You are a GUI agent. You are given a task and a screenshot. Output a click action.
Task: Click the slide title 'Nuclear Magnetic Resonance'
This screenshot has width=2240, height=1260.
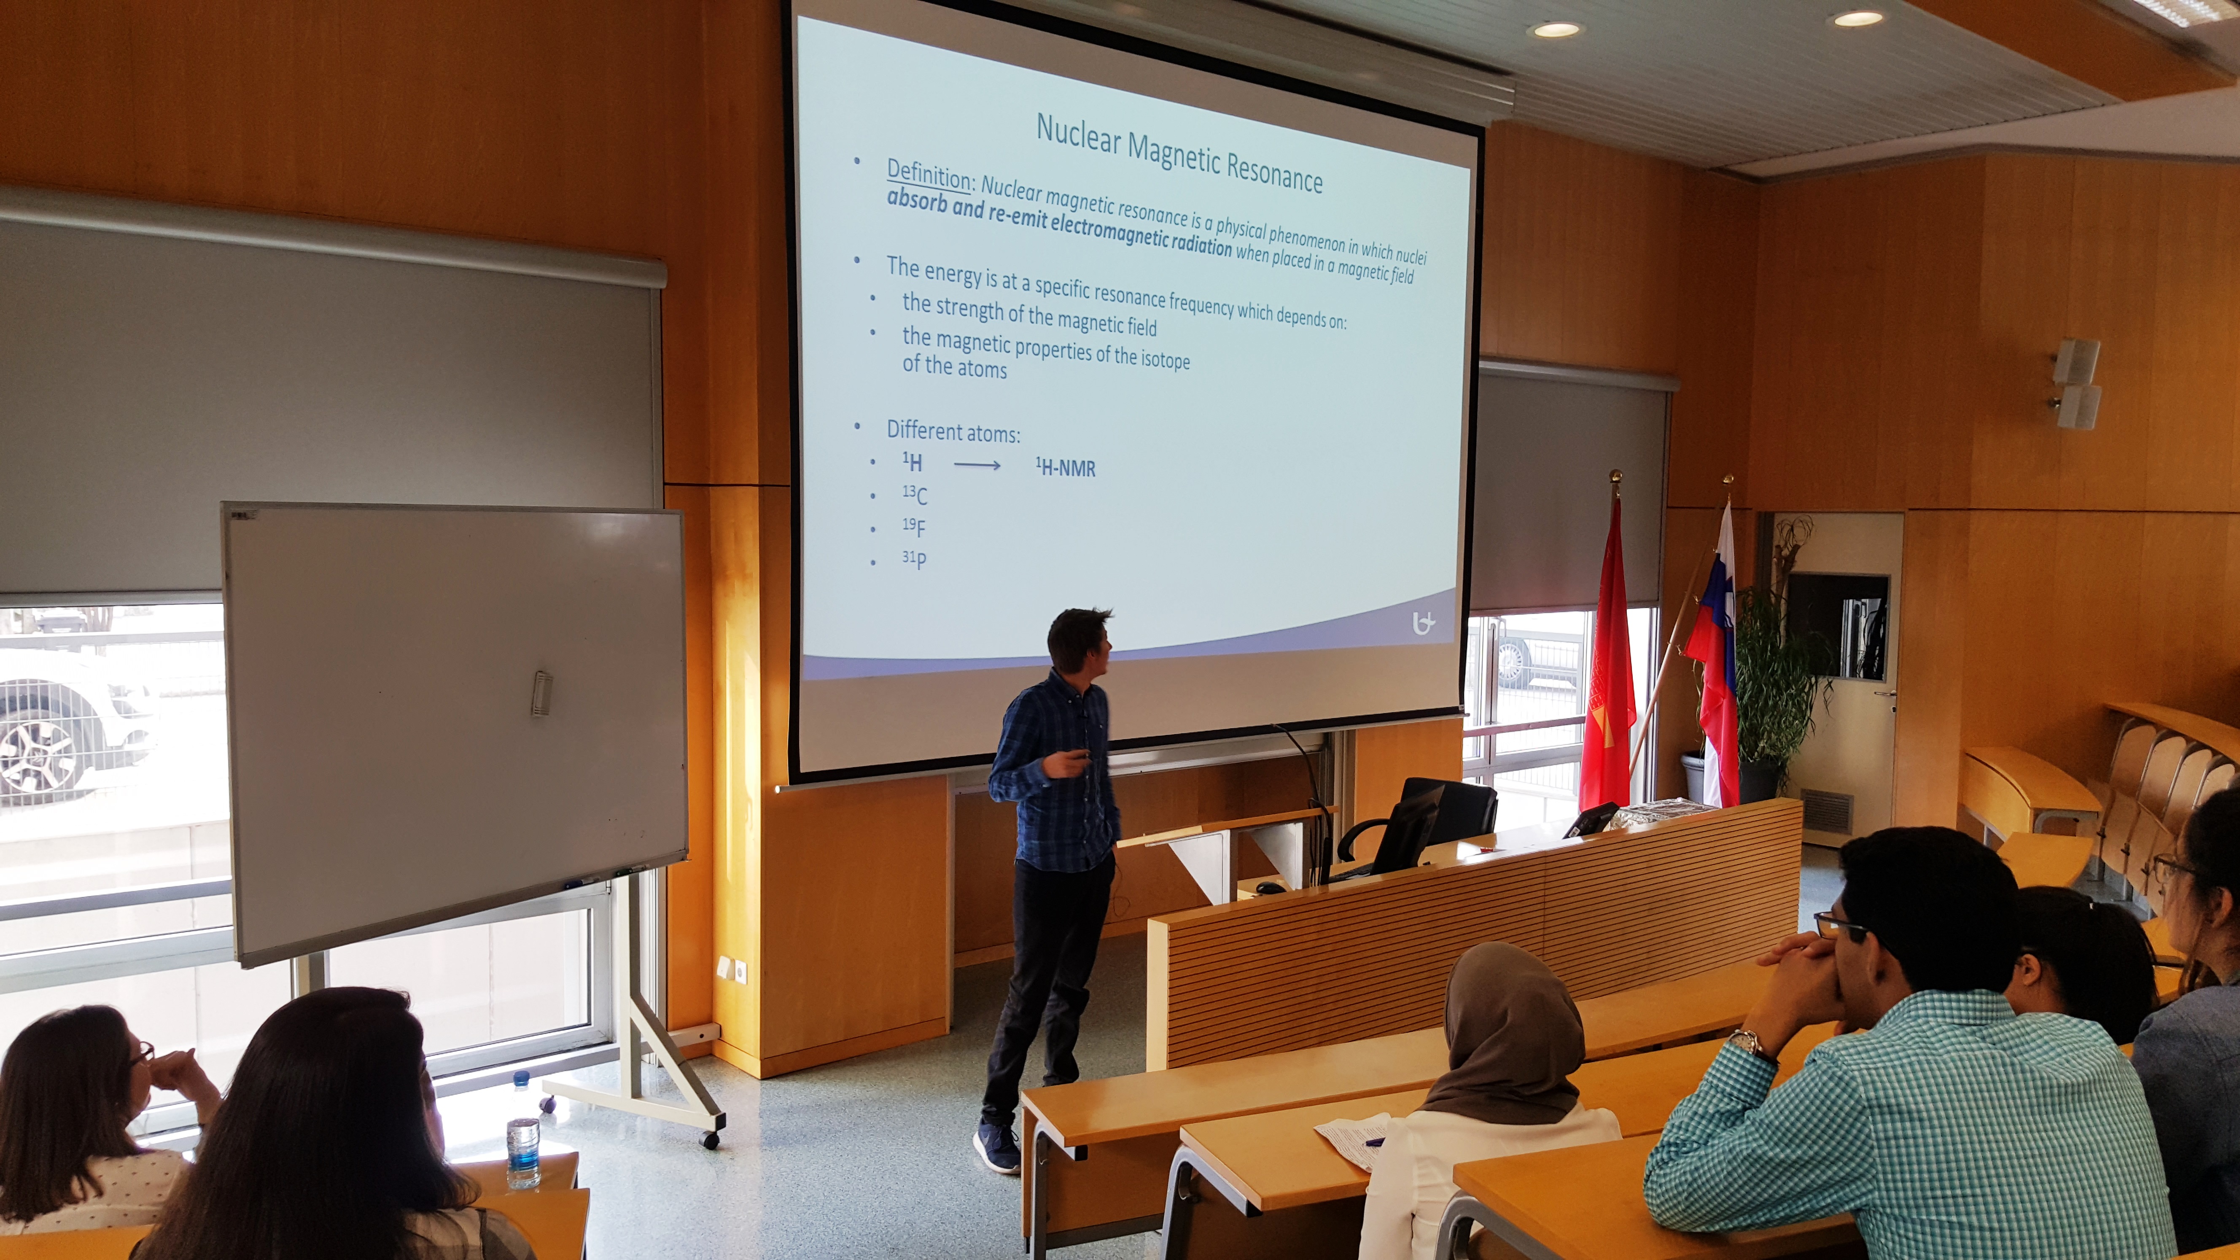[x=1179, y=153]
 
